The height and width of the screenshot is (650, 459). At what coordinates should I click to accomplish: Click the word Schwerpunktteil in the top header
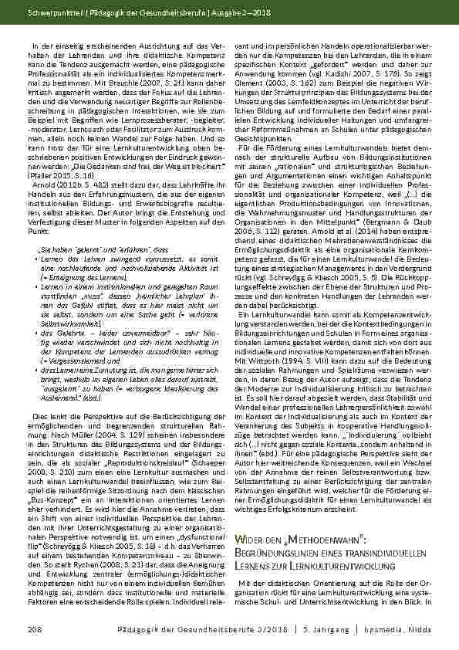tap(48, 14)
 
